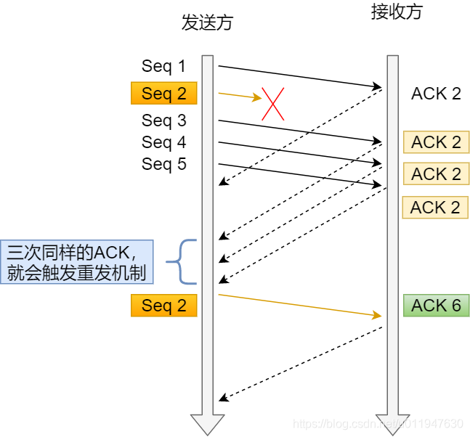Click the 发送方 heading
click(x=207, y=23)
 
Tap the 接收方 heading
click(x=396, y=12)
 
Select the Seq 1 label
click(x=163, y=66)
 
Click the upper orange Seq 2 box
click(x=163, y=93)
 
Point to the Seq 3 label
click(x=163, y=120)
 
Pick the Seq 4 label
click(x=163, y=142)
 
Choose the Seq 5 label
click(x=163, y=164)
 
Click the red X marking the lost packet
click(x=272, y=104)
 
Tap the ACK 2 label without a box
click(x=436, y=93)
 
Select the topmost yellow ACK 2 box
click(x=436, y=142)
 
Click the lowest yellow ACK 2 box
click(x=435, y=208)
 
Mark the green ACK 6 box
click(x=436, y=306)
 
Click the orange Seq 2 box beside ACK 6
click(x=163, y=306)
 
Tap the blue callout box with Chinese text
click(x=77, y=261)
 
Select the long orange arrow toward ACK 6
click(x=299, y=305)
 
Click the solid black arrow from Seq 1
click(x=299, y=77)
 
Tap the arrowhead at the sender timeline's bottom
click(x=207, y=424)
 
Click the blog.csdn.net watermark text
click(x=378, y=423)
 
